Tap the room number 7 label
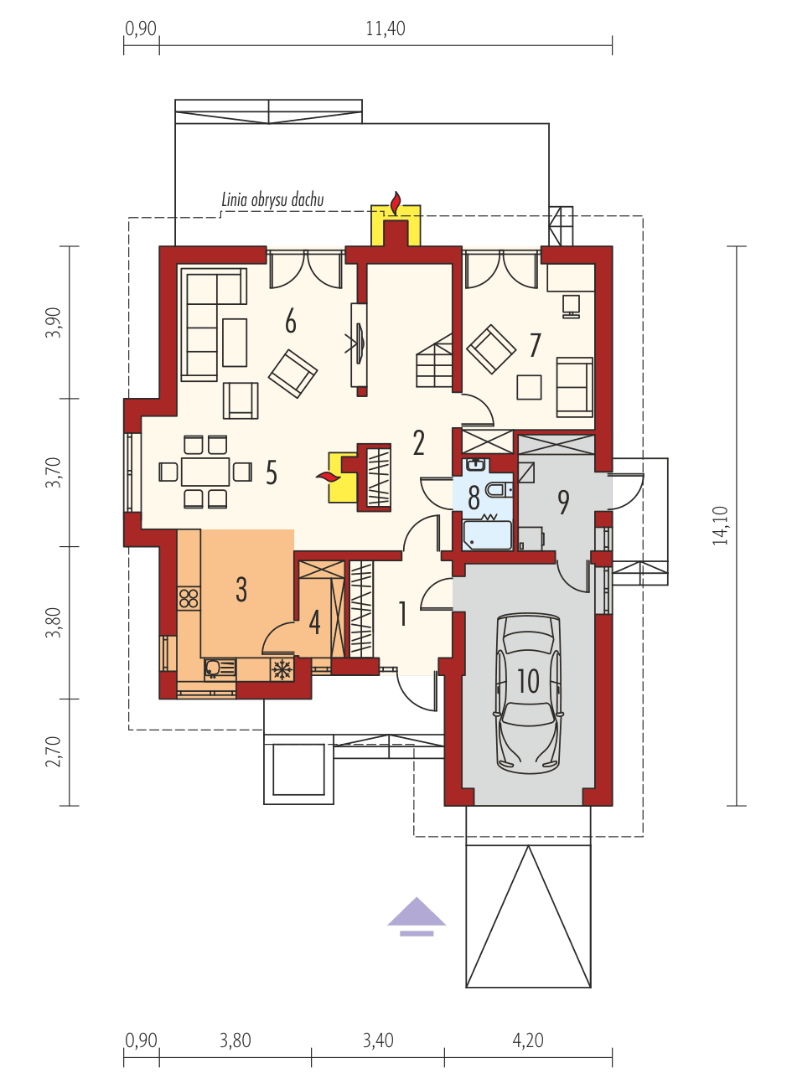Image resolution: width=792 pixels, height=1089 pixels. (535, 344)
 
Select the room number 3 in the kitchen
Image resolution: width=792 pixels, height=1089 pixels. (241, 590)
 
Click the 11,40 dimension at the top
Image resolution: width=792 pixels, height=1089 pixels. (385, 28)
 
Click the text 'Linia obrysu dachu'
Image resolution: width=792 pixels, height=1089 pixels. (272, 200)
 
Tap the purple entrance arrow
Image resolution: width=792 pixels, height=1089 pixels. (417, 914)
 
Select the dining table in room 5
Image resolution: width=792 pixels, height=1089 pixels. (205, 472)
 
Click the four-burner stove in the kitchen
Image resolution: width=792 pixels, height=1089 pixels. (189, 598)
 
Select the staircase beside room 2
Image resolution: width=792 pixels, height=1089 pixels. (434, 362)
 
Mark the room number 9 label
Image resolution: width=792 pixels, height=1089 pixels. (563, 502)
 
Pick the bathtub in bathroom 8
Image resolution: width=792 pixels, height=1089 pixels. (487, 534)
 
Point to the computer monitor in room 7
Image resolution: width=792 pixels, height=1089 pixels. (572, 305)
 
